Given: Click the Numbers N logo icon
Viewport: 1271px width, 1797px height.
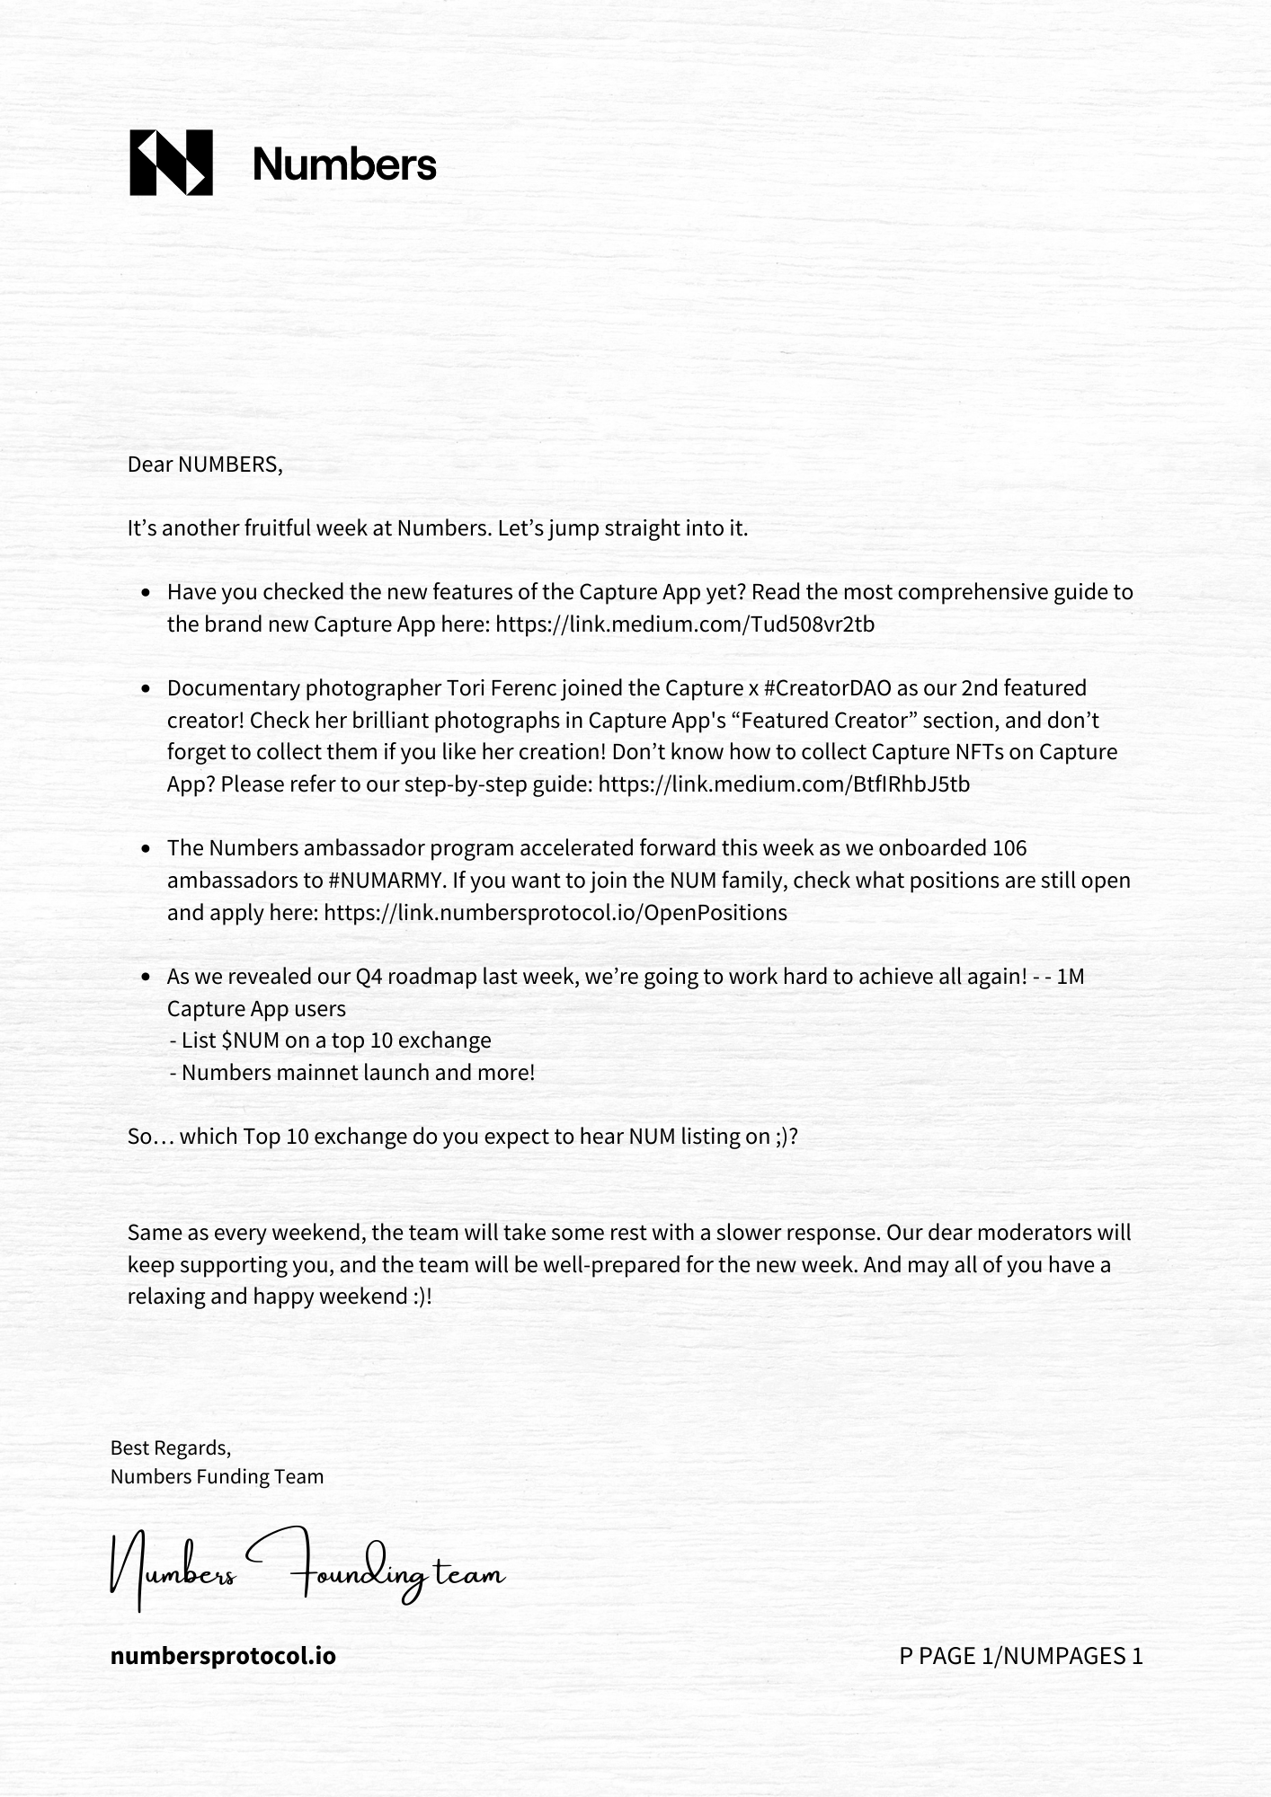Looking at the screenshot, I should coord(171,163).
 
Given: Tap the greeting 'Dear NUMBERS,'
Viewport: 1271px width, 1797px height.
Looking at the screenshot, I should coord(205,465).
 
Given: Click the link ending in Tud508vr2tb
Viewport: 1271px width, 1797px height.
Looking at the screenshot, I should coord(684,624).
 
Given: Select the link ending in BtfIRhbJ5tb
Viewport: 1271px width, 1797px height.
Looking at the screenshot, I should coord(783,784).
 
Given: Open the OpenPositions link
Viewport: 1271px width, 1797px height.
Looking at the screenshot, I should coord(555,913).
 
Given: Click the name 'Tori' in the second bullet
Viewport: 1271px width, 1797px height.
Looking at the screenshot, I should coord(465,688).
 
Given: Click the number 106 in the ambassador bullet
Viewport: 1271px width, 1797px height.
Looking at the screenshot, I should coord(1009,848).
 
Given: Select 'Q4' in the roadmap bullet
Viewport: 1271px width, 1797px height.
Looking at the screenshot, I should coord(369,977).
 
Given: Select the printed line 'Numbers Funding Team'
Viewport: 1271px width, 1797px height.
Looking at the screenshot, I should coord(217,1476).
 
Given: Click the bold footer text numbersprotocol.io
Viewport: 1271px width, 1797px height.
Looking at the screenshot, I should coord(223,1655).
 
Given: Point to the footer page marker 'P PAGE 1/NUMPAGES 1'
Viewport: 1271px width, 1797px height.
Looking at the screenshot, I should coord(1020,1655).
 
